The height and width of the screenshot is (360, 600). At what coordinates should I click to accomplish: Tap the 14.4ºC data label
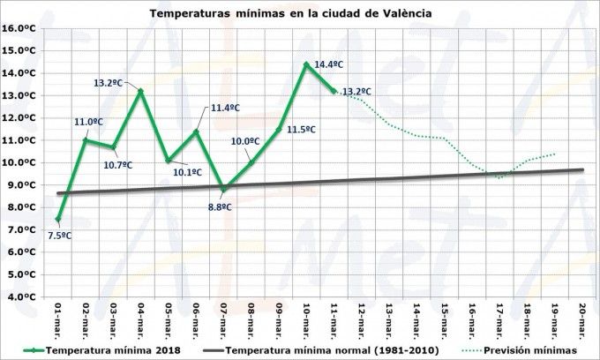[x=328, y=64]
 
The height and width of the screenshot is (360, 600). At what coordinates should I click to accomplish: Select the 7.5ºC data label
[x=60, y=235]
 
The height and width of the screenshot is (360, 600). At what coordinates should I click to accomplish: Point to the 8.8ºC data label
[x=220, y=206]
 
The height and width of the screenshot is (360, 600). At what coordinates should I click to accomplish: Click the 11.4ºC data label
[x=225, y=108]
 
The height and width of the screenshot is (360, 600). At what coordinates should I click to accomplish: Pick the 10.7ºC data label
[x=117, y=164]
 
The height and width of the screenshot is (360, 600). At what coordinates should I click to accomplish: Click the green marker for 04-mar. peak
[x=140, y=91]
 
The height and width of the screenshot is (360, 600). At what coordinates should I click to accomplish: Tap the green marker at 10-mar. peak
[x=306, y=64]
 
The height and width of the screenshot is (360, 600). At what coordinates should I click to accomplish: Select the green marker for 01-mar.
[x=58, y=219]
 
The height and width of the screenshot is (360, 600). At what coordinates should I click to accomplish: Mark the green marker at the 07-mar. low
[x=223, y=189]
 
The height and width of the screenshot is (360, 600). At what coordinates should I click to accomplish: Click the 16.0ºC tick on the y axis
[x=19, y=28]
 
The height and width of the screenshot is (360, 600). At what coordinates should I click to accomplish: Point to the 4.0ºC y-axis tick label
[x=20, y=297]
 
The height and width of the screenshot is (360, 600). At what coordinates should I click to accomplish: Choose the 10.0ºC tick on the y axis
[x=19, y=162]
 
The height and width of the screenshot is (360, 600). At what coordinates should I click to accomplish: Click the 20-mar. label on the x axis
[x=582, y=319]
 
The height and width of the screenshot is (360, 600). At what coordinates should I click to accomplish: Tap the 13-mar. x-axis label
[x=389, y=319]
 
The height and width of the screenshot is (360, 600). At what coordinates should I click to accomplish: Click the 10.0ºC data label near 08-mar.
[x=244, y=141]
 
